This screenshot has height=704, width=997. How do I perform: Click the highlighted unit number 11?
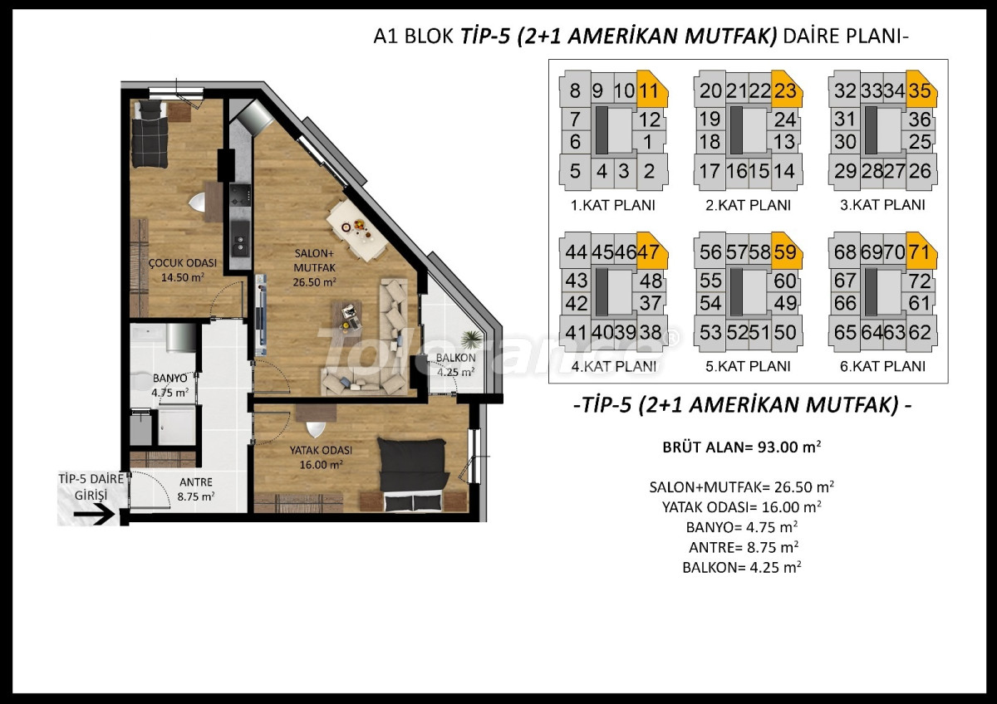click(649, 91)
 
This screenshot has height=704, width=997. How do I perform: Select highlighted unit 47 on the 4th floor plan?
click(648, 252)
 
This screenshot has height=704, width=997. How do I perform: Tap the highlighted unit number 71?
click(920, 252)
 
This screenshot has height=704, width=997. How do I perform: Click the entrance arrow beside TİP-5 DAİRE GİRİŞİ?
click(93, 515)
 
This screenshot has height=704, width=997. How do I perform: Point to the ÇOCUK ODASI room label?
click(183, 263)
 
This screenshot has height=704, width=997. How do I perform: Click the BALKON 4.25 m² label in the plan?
click(456, 364)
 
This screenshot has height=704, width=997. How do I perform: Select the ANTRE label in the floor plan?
click(196, 482)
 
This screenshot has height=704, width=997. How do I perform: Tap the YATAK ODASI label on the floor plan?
click(321, 450)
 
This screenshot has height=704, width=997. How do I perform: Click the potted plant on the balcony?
click(471, 340)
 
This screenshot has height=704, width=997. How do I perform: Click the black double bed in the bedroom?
click(412, 475)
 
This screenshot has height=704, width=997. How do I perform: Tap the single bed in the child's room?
click(150, 134)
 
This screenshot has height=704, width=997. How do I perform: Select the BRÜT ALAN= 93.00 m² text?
click(741, 447)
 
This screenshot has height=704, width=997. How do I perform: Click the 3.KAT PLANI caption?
click(882, 205)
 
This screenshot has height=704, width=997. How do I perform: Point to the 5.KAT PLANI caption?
click(748, 366)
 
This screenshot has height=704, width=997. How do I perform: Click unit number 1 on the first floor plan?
click(648, 142)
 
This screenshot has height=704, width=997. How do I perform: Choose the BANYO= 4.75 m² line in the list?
click(741, 527)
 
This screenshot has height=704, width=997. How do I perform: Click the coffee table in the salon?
click(346, 316)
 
